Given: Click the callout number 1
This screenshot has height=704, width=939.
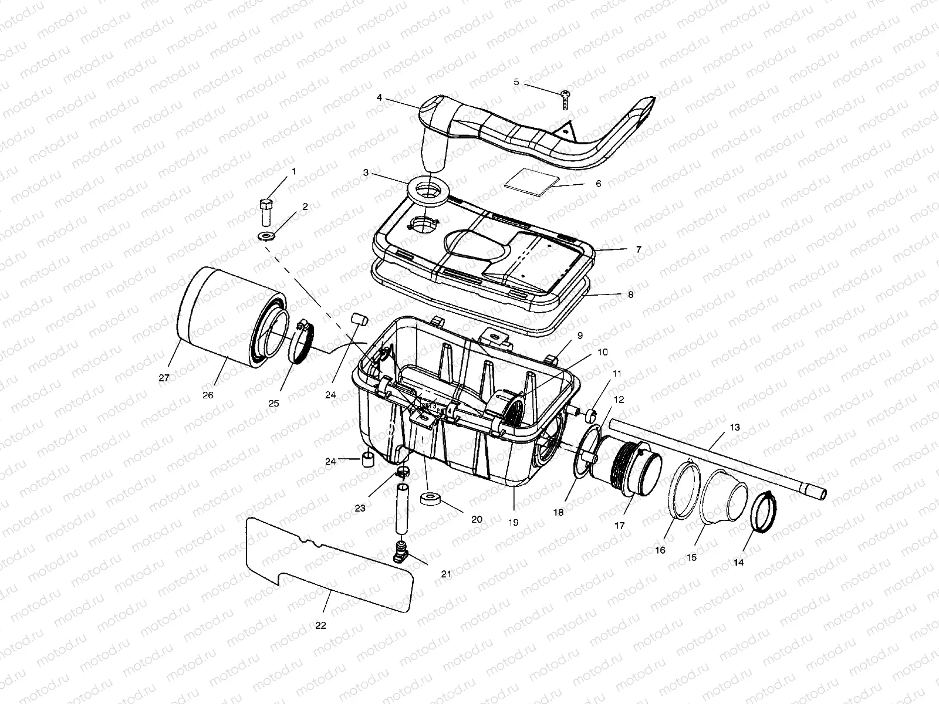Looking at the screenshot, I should pyautogui.click(x=293, y=171).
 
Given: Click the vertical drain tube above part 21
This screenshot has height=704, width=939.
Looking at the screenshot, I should pyautogui.click(x=403, y=509).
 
